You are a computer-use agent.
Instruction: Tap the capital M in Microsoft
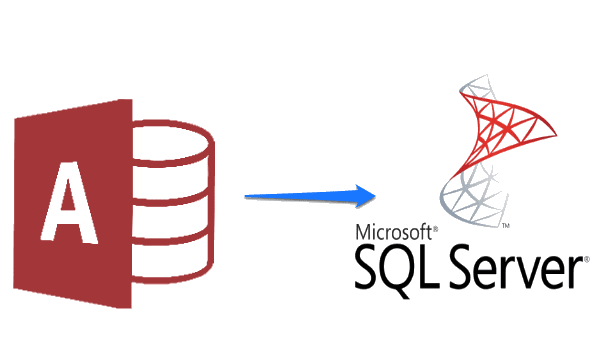click(x=361, y=231)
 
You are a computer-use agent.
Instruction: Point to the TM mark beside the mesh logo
click(x=507, y=228)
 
